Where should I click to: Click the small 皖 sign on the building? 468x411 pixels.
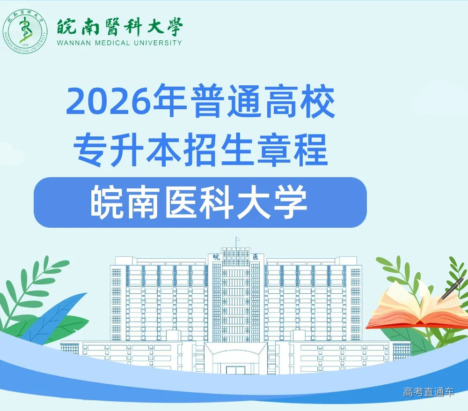216,257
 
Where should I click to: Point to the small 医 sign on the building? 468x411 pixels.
255,257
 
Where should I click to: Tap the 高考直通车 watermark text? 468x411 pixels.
429,392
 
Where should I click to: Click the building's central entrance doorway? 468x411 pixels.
236,368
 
